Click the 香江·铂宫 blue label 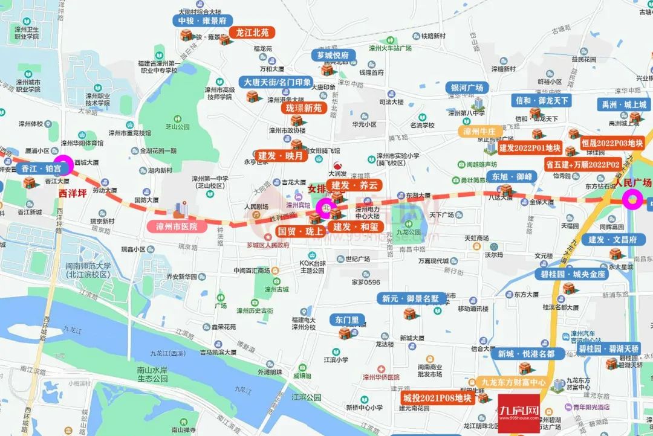(42, 170)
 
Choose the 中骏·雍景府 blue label (202, 20)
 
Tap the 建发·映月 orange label (283, 156)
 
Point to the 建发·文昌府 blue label (612, 240)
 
